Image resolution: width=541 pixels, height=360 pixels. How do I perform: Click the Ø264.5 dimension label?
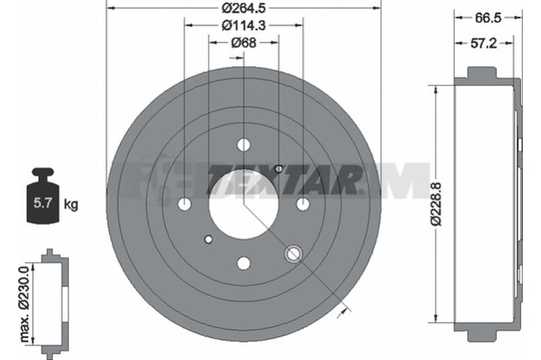pyautogui.click(x=243, y=7)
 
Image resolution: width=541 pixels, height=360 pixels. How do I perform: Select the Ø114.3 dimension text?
pyautogui.click(x=243, y=25)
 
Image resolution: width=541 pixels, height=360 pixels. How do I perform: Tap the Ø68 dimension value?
pyautogui.click(x=243, y=43)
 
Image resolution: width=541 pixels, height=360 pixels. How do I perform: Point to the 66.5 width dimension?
pyautogui.click(x=488, y=18)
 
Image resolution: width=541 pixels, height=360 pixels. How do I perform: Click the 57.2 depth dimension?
pyautogui.click(x=484, y=43)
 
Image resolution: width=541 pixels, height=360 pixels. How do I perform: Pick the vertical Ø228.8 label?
pyautogui.click(x=436, y=204)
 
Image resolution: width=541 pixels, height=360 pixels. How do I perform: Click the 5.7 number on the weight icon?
pyautogui.click(x=43, y=203)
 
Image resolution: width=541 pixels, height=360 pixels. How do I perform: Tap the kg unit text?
pyautogui.click(x=71, y=204)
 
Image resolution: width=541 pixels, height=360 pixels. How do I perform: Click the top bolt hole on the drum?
pyautogui.click(x=243, y=145)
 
